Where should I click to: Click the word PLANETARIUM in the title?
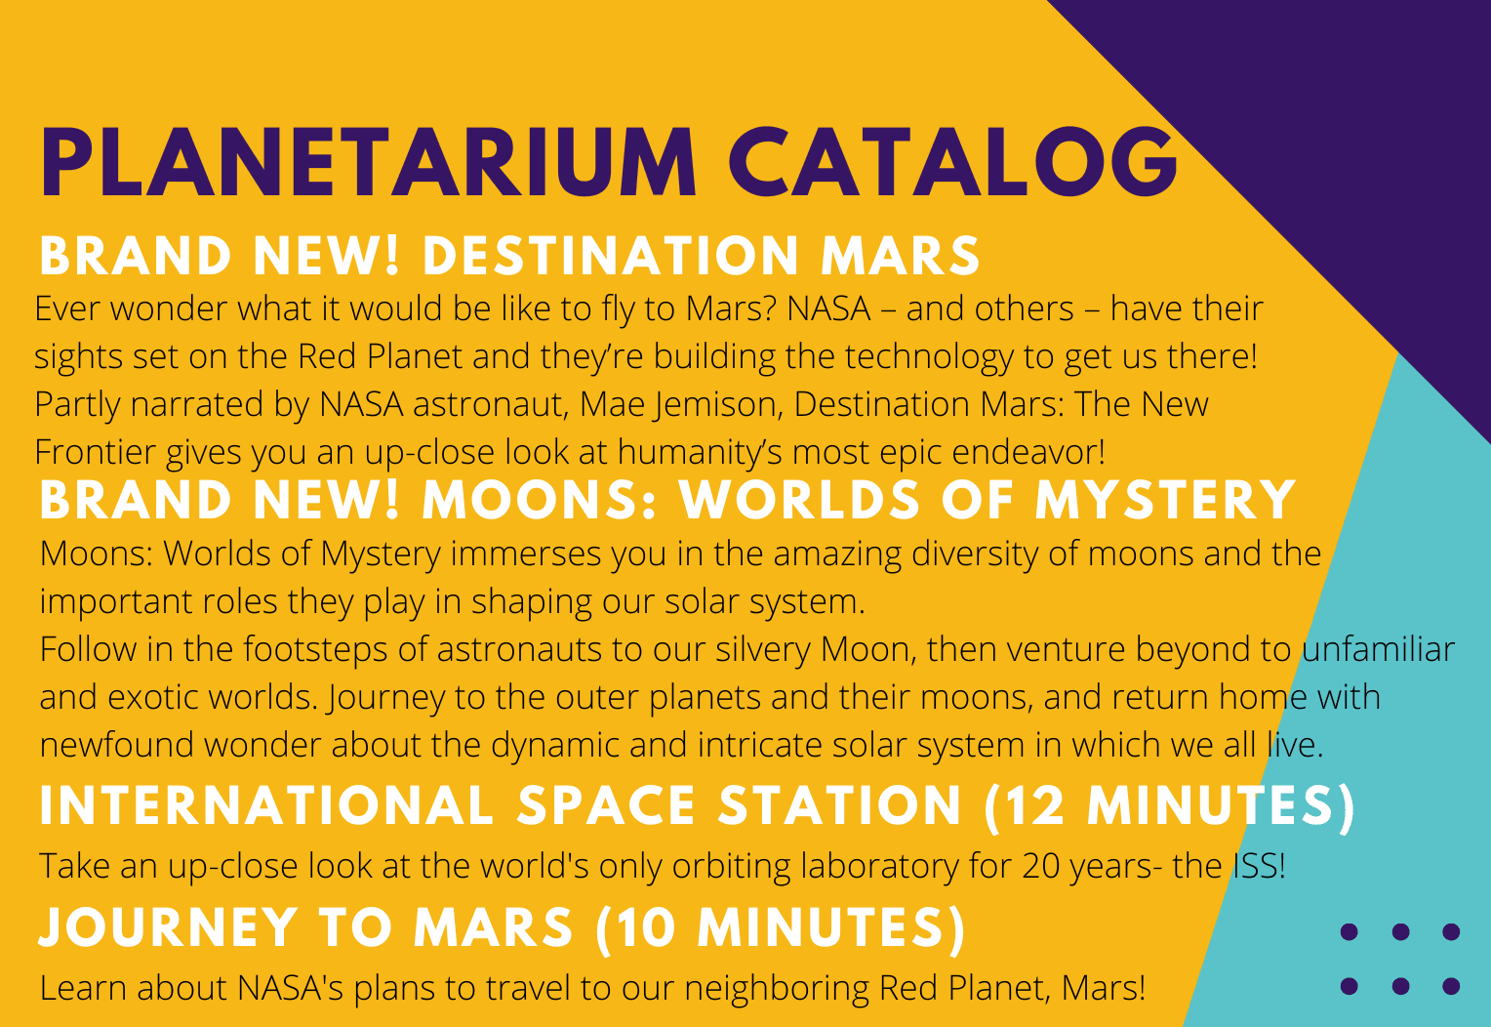pos(368,162)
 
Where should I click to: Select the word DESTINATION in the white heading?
pos(611,256)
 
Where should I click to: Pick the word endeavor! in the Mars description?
pos(1029,452)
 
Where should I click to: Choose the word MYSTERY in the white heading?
pos(1165,500)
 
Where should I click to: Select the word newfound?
pos(116,745)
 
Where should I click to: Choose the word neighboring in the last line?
pos(777,988)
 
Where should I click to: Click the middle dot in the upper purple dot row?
pos(1400,931)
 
